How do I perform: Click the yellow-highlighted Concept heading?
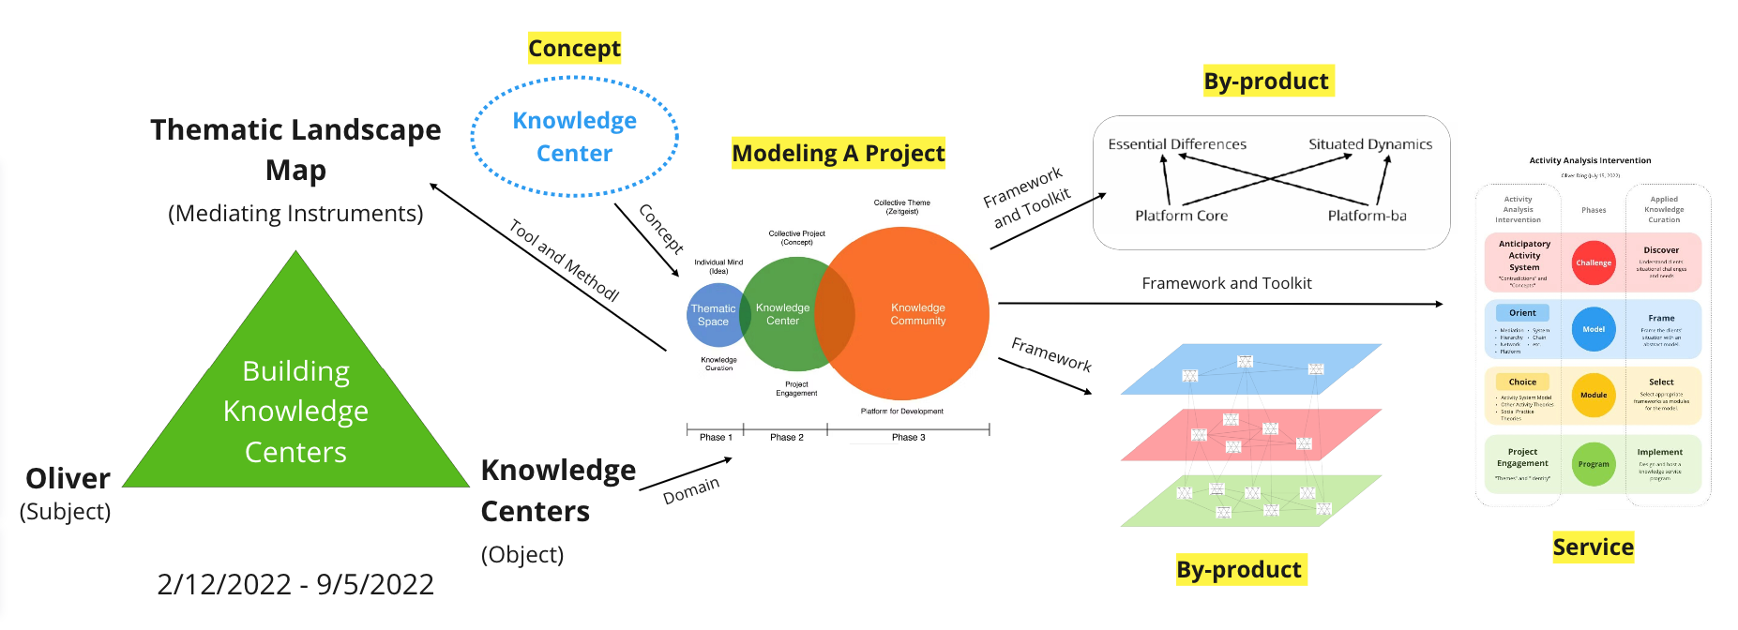point(574,48)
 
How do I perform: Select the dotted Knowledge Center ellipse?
point(574,137)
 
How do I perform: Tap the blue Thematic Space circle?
point(711,315)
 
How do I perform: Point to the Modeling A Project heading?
point(838,153)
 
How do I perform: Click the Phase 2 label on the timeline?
point(786,438)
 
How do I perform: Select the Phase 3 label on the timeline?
point(908,438)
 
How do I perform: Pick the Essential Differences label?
point(1177,144)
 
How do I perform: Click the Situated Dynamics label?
point(1370,144)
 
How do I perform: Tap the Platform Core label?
point(1181,216)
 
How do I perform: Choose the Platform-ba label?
point(1367,216)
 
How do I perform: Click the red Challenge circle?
point(1594,262)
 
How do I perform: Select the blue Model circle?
point(1594,329)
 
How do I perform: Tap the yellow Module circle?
point(1594,396)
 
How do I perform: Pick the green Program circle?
point(1594,464)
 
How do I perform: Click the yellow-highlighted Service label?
point(1593,547)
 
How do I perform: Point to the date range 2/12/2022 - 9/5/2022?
point(295,584)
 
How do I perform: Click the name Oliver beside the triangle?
point(68,479)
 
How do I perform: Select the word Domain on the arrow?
point(691,489)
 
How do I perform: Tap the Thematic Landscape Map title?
point(295,149)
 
